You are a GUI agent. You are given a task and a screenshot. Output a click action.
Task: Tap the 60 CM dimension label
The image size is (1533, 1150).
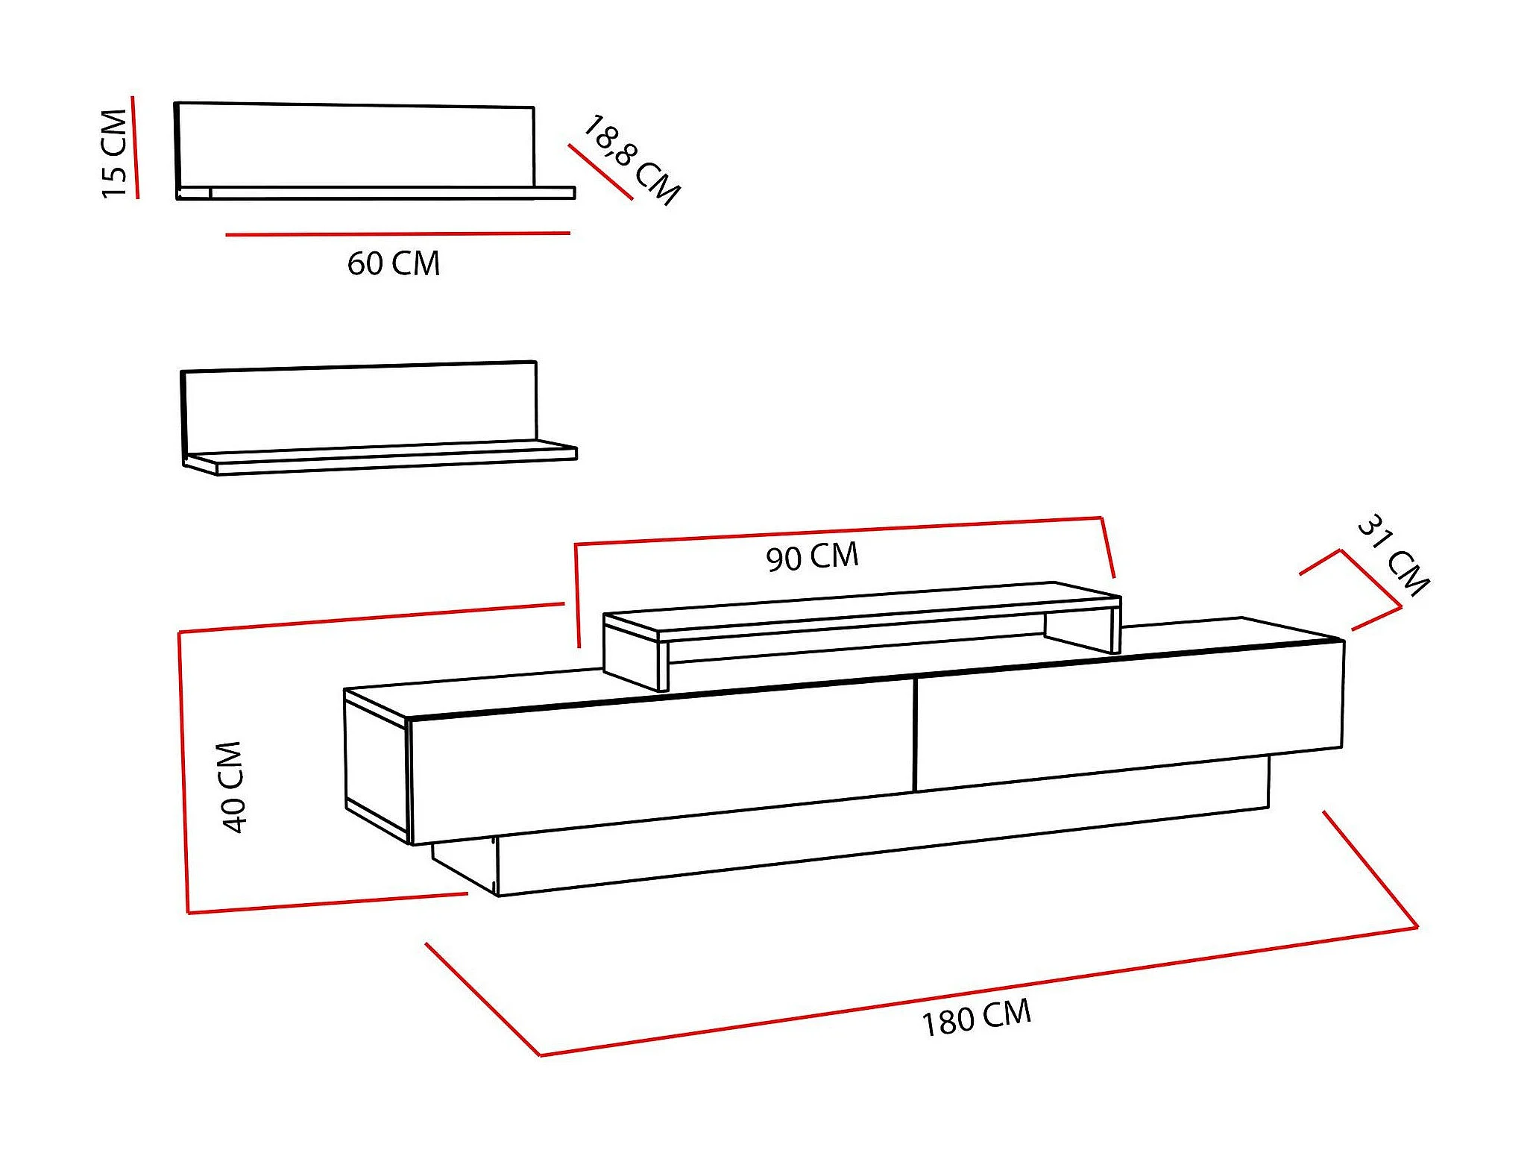(x=393, y=264)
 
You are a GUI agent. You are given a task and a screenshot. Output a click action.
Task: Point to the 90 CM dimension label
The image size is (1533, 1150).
(x=812, y=557)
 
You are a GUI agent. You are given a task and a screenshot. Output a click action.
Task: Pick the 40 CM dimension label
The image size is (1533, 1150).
(x=232, y=786)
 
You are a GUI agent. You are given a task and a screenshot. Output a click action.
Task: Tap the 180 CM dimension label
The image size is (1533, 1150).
(x=976, y=1017)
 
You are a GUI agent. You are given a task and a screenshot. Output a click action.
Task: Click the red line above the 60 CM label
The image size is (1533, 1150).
(x=397, y=234)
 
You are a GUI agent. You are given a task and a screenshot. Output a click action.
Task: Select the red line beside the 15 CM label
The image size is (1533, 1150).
(x=135, y=147)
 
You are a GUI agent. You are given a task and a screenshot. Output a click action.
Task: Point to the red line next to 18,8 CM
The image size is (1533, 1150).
(x=599, y=172)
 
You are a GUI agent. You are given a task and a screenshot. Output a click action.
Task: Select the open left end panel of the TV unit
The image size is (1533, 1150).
(x=377, y=764)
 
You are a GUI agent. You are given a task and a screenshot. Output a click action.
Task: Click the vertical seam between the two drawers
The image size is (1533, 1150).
(x=914, y=735)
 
